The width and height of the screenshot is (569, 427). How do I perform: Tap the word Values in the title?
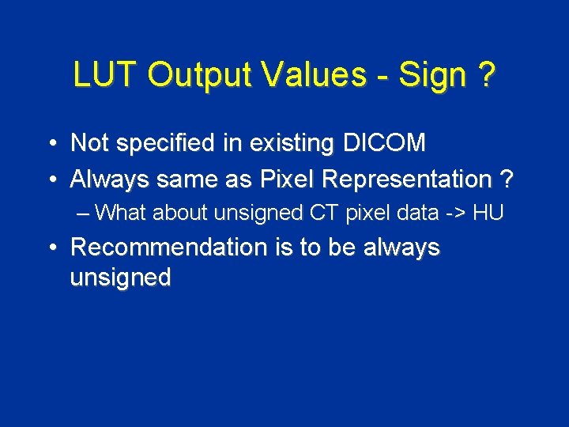point(314,75)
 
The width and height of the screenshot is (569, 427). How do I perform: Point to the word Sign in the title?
point(432,76)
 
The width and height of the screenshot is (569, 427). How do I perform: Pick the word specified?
point(164,144)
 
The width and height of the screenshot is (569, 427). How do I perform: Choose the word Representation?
point(412,179)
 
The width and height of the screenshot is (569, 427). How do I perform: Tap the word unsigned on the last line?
point(120,278)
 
